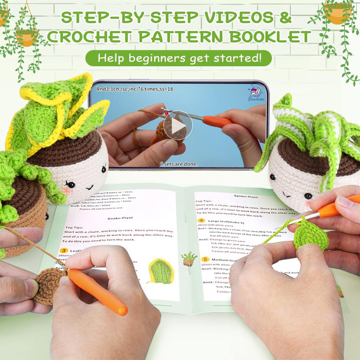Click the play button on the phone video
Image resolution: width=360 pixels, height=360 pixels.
tap(178, 125)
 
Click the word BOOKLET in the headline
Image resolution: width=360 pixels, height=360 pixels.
tap(265, 37)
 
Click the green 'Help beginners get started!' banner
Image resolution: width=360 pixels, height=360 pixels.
tap(178, 58)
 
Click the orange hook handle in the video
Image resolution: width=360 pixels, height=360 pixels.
tap(217, 121)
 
